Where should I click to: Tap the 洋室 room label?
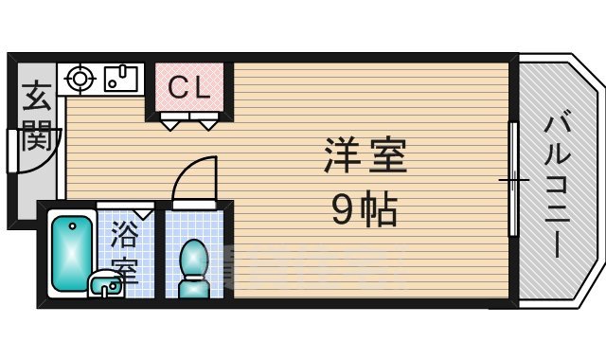(365, 157)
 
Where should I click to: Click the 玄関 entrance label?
(35, 116)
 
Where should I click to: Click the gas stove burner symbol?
(78, 79)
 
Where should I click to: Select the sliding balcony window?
(512, 179)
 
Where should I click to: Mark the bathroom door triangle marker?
(143, 214)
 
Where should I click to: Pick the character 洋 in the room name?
(343, 157)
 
